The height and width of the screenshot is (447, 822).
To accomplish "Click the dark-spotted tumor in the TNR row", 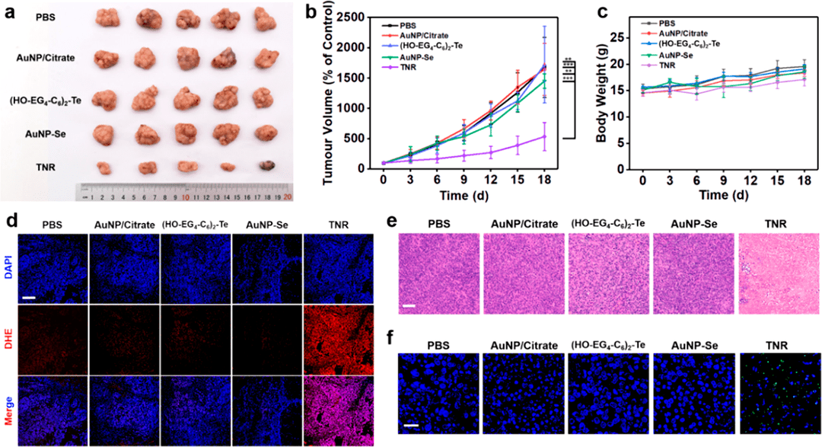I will pos(264,166).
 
